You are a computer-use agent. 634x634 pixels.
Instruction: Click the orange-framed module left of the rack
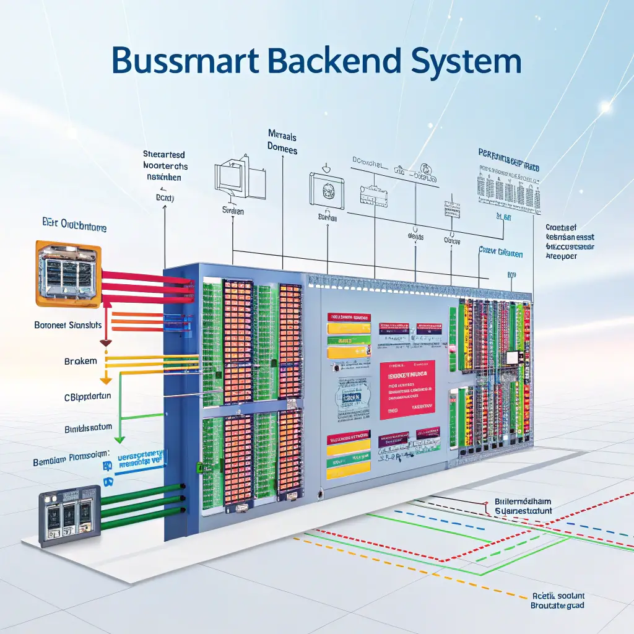[x=68, y=273]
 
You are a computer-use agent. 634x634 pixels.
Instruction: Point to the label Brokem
[x=80, y=361]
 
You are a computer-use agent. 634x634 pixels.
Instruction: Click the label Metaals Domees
[x=282, y=142]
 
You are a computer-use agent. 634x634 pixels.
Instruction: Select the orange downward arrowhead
[x=106, y=380]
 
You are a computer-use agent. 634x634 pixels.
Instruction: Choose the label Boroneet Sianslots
[x=69, y=324]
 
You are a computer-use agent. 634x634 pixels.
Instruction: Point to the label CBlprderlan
[x=88, y=396]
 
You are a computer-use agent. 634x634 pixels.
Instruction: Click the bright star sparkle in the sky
[x=606, y=106]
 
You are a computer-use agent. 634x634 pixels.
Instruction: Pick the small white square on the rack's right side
[x=511, y=357]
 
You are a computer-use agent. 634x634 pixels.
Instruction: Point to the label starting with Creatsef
[x=570, y=241]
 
